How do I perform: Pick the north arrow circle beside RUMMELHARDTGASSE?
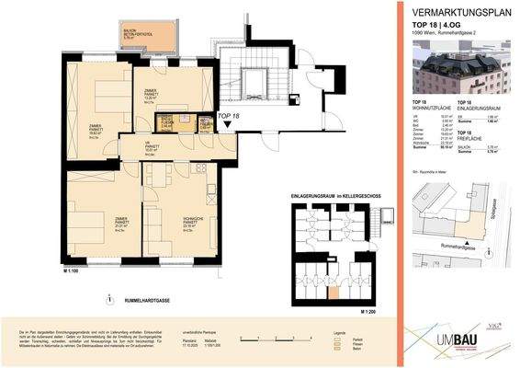click(109, 298)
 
